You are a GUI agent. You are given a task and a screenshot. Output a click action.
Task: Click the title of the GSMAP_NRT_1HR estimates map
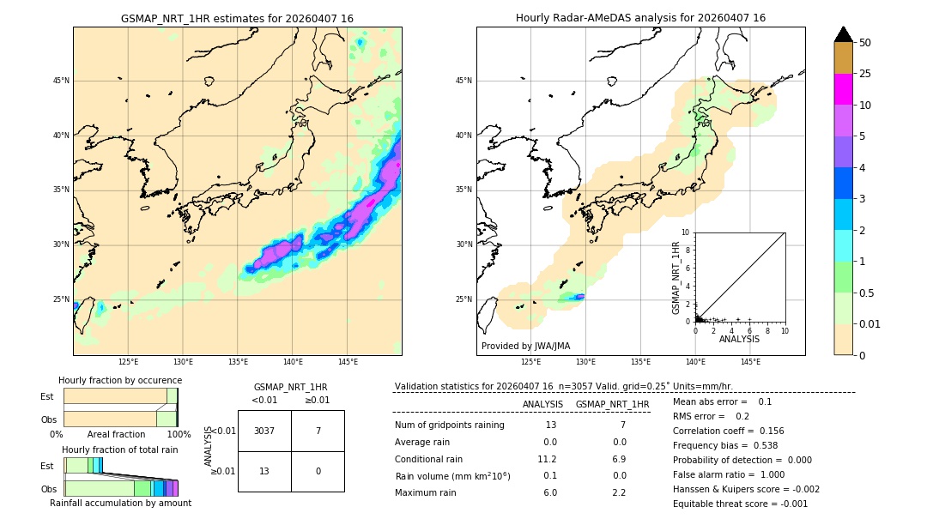pos(237,18)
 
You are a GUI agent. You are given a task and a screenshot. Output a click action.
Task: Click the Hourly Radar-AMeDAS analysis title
pos(640,18)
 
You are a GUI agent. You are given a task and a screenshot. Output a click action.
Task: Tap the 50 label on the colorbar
pos(865,43)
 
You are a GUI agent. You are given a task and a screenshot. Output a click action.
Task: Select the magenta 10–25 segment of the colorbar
pos(843,89)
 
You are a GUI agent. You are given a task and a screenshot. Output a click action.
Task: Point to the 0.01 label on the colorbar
pos(870,323)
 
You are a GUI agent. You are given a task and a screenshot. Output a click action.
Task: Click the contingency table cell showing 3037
pos(264,431)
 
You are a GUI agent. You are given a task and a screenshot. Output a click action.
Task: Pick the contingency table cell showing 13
pos(264,471)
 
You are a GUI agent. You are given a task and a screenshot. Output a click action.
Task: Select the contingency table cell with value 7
pos(318,431)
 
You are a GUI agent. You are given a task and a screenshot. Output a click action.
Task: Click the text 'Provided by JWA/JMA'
pos(525,346)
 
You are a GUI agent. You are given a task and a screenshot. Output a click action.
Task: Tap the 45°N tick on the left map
pos(61,81)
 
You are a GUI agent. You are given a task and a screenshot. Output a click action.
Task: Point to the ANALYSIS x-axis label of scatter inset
pos(739,339)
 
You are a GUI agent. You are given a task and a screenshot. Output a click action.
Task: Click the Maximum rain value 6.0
pos(549,492)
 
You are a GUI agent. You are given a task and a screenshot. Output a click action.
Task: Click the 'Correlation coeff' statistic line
pos(728,431)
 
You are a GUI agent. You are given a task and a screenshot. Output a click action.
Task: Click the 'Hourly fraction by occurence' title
pos(120,380)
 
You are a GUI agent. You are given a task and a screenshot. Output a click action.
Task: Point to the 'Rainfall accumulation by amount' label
pos(120,503)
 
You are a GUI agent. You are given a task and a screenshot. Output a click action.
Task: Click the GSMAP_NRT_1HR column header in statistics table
pos(612,404)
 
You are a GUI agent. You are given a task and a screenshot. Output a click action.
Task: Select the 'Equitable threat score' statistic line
pos(740,504)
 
